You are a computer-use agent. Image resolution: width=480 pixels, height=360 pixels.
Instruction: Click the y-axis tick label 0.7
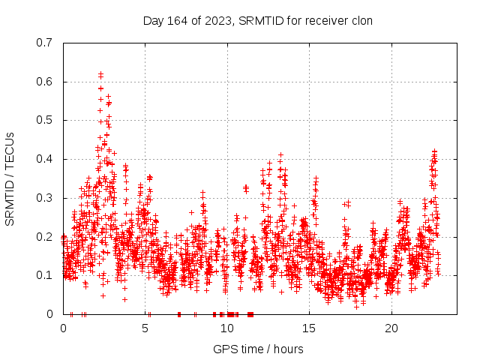44,43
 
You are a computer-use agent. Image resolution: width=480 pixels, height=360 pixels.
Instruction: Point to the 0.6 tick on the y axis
44,82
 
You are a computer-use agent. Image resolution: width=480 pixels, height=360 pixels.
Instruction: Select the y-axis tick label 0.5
44,120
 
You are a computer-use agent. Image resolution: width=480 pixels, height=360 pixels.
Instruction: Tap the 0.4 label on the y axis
44,159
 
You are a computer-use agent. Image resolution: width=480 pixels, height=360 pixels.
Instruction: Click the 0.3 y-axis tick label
44,198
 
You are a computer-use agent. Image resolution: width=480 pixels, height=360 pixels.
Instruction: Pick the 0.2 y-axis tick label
44,236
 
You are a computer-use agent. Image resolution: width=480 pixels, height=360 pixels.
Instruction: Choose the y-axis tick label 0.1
44,275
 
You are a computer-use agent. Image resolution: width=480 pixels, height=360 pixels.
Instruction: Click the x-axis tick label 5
145,328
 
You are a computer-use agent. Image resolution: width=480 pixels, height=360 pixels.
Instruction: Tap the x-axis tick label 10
227,328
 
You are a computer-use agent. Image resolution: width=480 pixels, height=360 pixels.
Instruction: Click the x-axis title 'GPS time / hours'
258,349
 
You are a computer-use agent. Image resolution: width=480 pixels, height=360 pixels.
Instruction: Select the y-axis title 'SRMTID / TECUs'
10,178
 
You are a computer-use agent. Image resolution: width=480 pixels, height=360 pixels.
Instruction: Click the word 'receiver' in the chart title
327,20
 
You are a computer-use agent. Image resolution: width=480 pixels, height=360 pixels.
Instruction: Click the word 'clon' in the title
362,20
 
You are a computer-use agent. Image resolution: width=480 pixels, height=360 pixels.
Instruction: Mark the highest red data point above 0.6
100,73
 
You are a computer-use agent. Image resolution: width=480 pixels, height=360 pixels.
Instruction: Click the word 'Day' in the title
153,20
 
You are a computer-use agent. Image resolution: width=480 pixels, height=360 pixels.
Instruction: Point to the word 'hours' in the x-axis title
288,349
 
